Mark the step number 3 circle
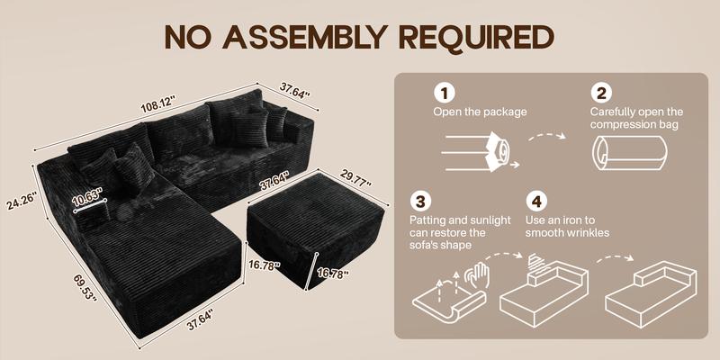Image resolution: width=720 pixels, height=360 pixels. [418, 200]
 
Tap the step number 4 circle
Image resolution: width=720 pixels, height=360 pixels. [536, 200]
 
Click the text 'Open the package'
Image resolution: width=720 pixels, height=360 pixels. [480, 112]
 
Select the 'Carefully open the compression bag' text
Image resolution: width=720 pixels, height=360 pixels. [636, 118]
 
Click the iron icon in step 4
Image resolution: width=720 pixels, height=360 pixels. [537, 261]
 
